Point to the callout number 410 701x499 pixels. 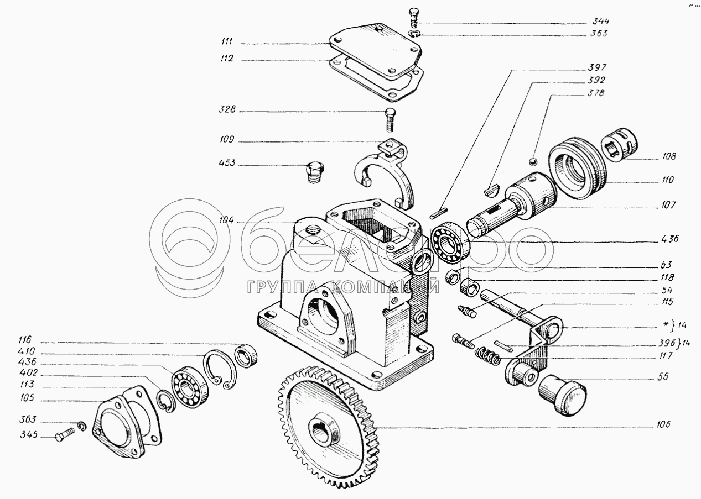(27, 351)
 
